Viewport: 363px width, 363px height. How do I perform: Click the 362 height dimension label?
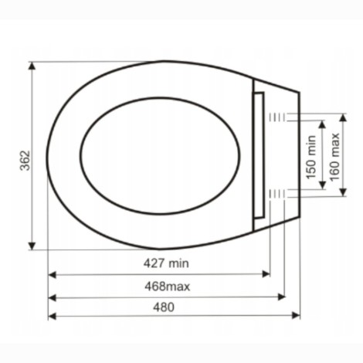click(25, 161)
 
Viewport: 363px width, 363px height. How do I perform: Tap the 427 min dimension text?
click(166, 263)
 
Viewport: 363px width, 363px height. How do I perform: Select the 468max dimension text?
click(167, 287)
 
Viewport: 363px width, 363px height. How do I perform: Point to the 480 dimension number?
click(164, 307)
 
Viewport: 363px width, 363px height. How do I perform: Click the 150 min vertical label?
click(310, 157)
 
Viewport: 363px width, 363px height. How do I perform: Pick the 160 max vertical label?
click(334, 157)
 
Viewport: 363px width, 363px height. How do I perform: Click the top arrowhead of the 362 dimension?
click(32, 66)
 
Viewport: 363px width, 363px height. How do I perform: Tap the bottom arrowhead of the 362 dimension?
click(32, 246)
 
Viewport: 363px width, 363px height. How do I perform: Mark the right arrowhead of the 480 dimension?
click(296, 315)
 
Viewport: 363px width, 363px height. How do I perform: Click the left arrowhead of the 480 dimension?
click(53, 316)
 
